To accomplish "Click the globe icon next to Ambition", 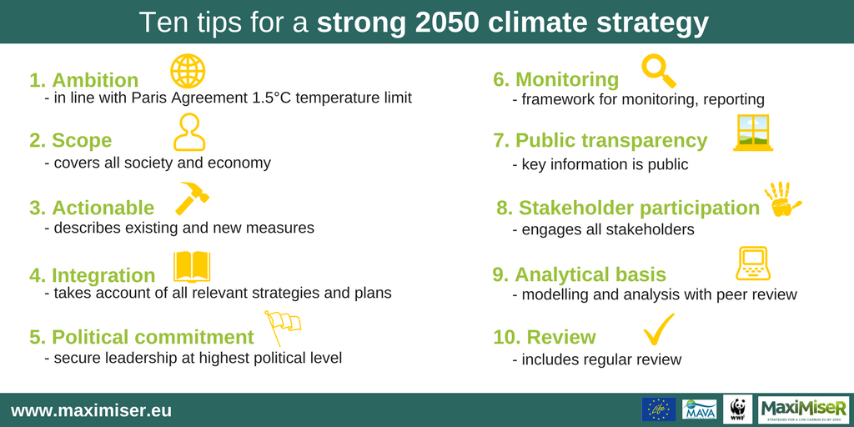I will click(188, 71).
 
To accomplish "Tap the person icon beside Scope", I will click(189, 132).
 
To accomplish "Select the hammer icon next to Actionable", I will click(192, 198).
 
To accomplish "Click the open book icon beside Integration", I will click(192, 266).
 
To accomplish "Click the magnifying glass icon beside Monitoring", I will click(657, 71).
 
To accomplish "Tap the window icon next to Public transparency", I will click(752, 133).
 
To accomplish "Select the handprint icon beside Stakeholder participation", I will click(781, 199).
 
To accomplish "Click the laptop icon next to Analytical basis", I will click(751, 264).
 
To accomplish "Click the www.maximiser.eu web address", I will click(91, 410).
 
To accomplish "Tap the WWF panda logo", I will click(737, 409).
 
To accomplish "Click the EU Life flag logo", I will click(658, 409).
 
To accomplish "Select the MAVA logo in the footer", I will click(699, 409).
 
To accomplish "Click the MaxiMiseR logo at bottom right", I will click(803, 409).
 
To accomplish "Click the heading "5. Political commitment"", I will click(141, 337).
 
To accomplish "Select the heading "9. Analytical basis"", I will click(579, 274).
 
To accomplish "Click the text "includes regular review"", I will click(601, 359).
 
